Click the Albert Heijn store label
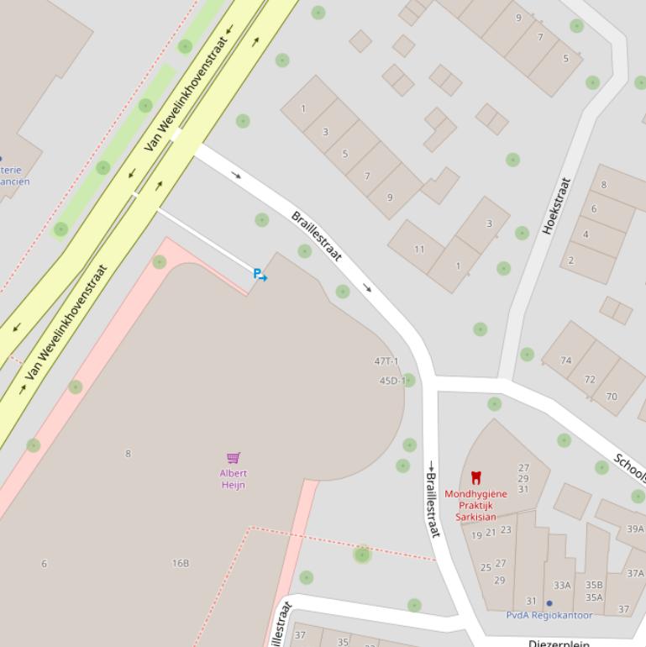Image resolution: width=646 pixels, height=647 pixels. coord(234,479)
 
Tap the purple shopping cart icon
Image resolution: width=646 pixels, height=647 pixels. coord(234,458)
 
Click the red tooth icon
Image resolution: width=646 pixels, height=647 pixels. coord(476,478)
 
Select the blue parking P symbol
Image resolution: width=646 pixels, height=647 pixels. coord(258,273)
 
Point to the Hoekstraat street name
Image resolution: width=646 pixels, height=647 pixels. coord(557,205)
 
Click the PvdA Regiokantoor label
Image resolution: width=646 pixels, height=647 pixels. coord(549,615)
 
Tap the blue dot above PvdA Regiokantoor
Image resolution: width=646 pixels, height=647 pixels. coord(549,602)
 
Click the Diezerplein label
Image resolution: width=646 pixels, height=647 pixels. coord(559,643)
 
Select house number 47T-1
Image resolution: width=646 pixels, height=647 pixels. coord(386,361)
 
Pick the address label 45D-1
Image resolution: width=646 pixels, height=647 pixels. coord(391,381)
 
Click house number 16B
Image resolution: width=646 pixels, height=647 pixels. coord(181,563)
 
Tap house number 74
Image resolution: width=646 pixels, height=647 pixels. coord(566,360)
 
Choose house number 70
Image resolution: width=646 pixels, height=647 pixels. coord(612,397)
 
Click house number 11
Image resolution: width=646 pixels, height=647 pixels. coord(419,250)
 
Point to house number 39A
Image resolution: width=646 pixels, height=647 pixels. coord(635,529)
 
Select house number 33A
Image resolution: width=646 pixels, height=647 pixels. coord(562,585)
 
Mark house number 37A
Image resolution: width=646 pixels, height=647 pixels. coord(635,573)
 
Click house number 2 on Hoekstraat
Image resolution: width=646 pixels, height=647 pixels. coord(571,260)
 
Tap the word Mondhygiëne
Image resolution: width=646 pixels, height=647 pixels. coord(475,494)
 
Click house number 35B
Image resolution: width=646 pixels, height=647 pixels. coord(594,585)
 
